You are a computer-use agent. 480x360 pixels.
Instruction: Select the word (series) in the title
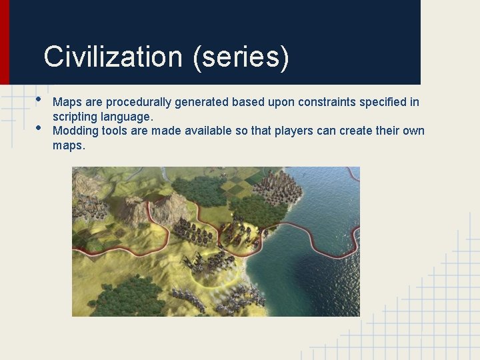(241, 58)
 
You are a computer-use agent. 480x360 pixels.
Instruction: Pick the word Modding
(75, 131)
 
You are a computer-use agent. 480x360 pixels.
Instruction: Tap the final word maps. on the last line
(69, 145)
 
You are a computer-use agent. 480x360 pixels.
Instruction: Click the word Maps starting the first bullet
(65, 103)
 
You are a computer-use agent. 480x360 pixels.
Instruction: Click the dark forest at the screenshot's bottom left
(120, 300)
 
